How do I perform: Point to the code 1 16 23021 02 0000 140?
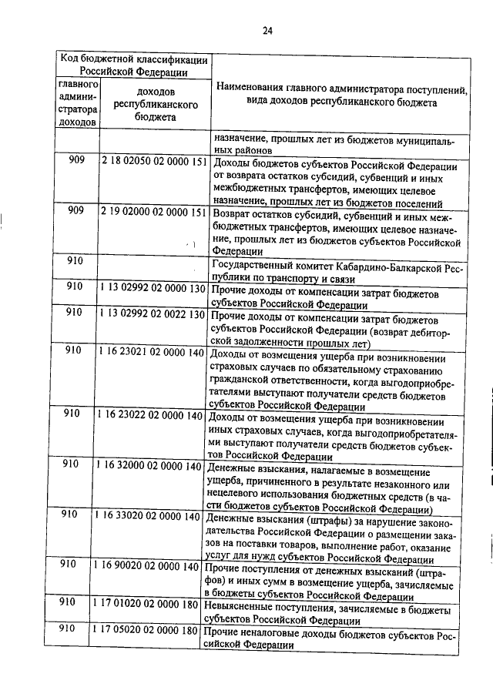[x=151, y=350]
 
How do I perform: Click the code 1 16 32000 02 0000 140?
[x=149, y=465]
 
